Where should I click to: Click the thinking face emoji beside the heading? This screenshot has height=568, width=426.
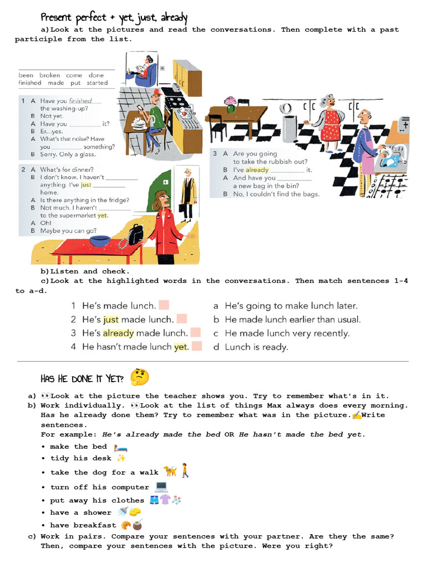coord(139,377)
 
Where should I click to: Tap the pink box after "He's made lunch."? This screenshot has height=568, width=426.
coord(164,305)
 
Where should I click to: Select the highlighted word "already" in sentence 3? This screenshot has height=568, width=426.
coord(118,333)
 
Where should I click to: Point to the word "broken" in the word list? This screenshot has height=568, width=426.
coord(50,75)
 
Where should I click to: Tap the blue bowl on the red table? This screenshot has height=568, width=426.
coord(100,241)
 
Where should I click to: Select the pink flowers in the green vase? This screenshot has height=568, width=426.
coord(230,102)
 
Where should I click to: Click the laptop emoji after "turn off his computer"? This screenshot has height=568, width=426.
coord(161,487)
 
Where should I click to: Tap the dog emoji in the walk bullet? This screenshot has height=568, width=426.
coord(170,471)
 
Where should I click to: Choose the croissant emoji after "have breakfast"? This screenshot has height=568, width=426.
coord(126,525)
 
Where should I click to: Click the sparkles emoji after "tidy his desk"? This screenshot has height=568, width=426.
coord(121,458)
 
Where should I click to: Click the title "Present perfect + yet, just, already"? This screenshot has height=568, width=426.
coord(114,18)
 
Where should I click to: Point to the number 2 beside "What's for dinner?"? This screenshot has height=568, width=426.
coord(23,170)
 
